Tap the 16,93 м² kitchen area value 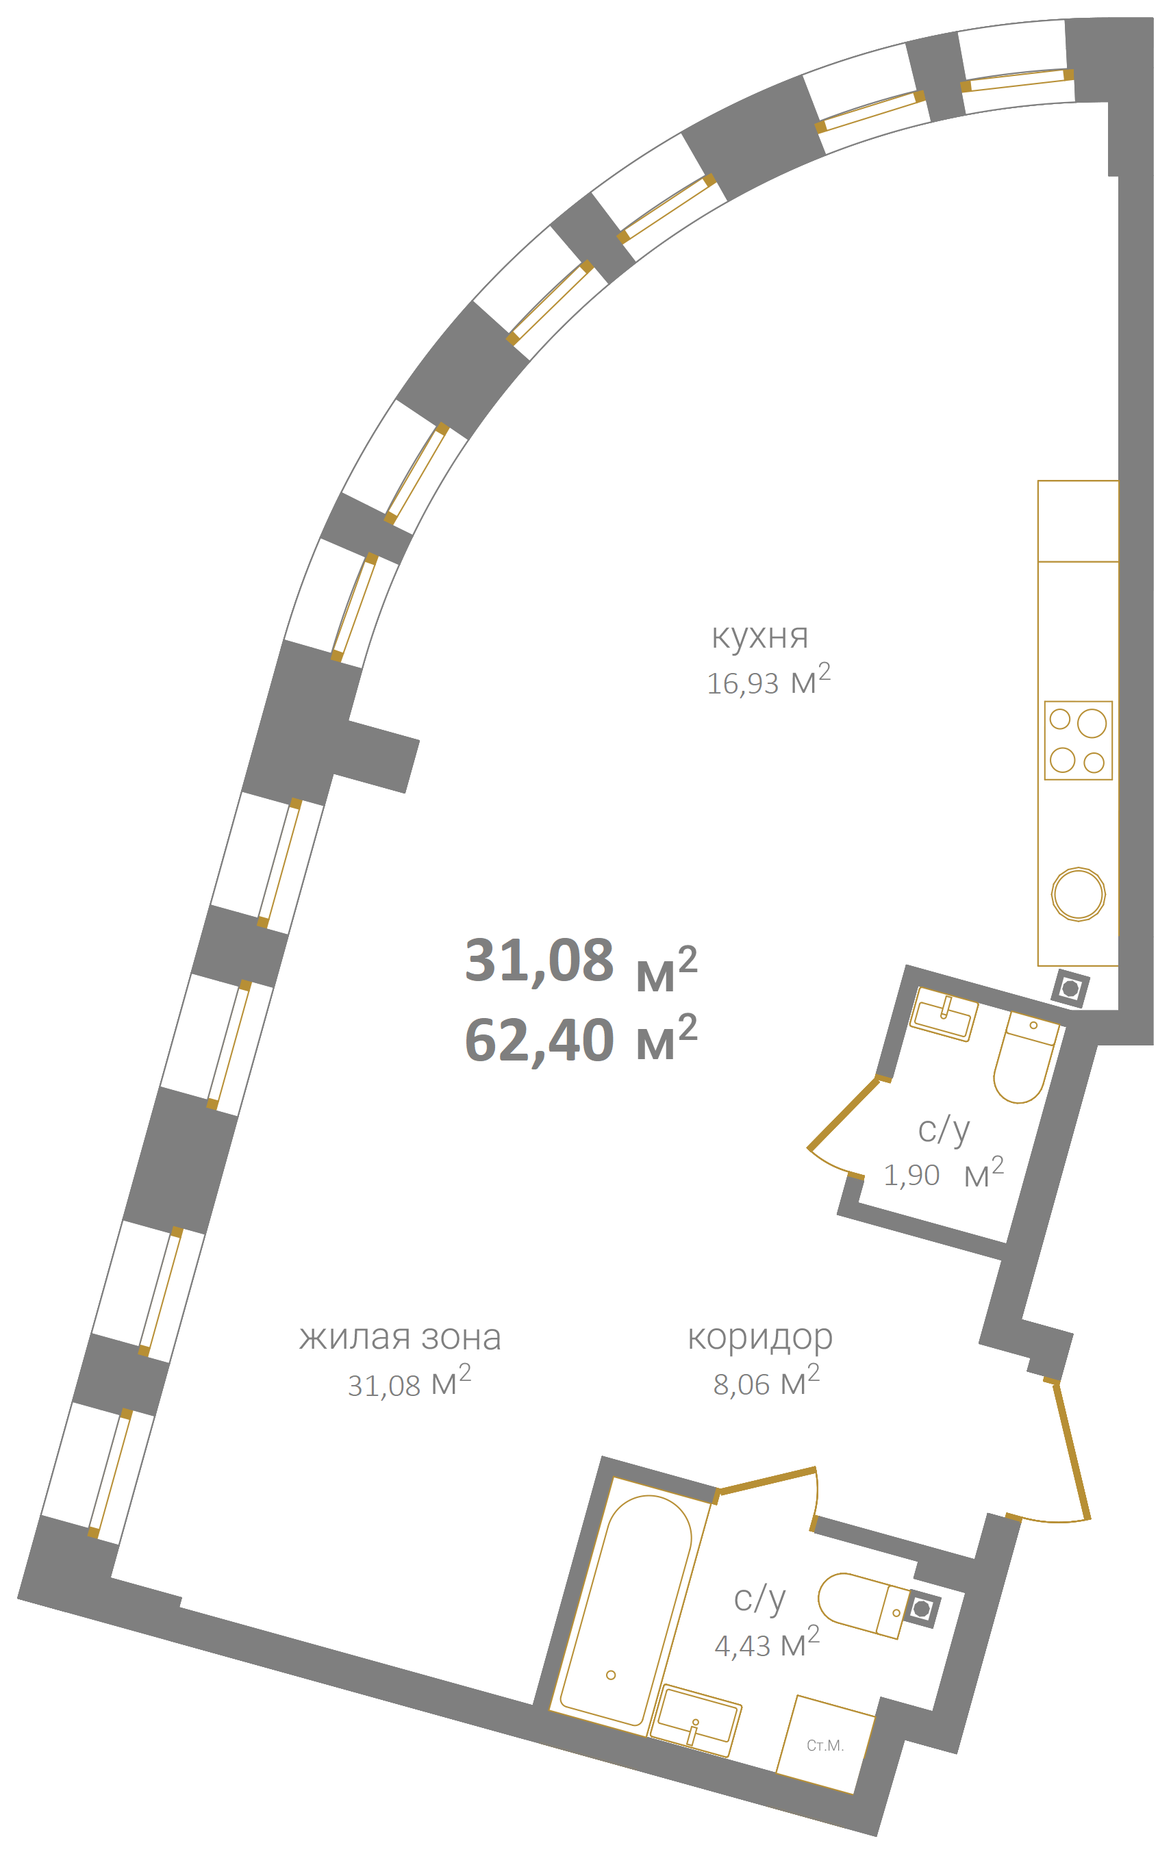click(x=768, y=680)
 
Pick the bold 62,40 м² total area click(x=581, y=1039)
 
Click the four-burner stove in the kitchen click(x=1078, y=740)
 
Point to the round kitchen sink click(x=1078, y=894)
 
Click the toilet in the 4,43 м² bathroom click(x=863, y=1604)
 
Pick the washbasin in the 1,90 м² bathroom click(x=944, y=1015)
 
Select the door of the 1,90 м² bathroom click(x=843, y=1113)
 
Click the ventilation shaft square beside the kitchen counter click(x=1070, y=988)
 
